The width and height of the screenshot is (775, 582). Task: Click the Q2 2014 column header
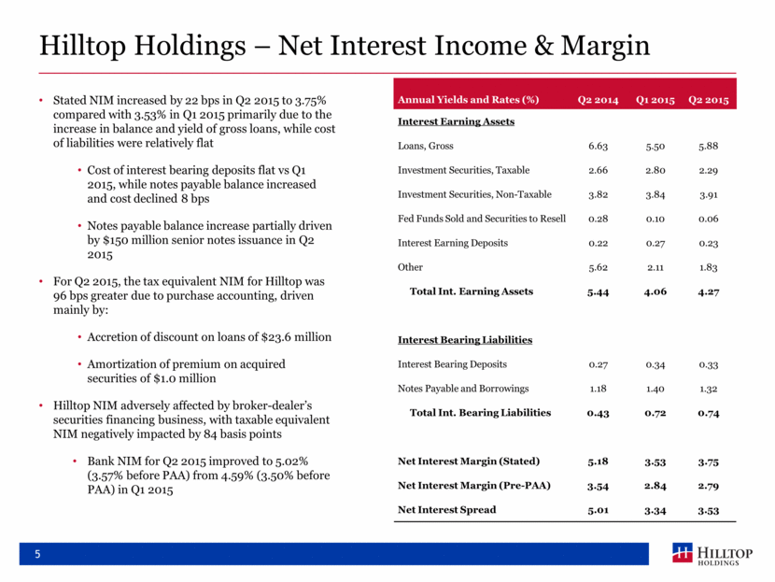tap(598, 100)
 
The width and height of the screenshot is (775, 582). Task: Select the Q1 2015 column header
tap(655, 100)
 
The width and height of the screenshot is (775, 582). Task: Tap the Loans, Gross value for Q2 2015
tap(709, 146)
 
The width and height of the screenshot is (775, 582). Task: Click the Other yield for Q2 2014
tap(598, 267)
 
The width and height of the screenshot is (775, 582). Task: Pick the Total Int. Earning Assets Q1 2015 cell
tap(655, 291)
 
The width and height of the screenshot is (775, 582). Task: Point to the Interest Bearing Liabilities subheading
tap(465, 340)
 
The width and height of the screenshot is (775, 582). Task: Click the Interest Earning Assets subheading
tap(457, 121)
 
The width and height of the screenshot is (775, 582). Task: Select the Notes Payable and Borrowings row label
tap(463, 389)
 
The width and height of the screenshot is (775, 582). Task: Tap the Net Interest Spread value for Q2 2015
tap(709, 510)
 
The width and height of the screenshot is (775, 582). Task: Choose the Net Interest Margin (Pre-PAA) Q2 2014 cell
tap(598, 486)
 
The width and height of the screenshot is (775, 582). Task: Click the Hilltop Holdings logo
tap(712, 554)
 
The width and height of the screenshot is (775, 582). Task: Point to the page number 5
tap(37, 554)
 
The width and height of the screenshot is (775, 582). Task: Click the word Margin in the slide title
tap(605, 46)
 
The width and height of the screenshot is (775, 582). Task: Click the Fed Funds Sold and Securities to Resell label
tap(482, 219)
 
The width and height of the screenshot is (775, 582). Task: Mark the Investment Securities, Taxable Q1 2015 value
tap(655, 170)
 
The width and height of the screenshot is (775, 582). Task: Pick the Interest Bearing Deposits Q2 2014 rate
tap(598, 364)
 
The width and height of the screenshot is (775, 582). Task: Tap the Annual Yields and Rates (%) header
tap(468, 100)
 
